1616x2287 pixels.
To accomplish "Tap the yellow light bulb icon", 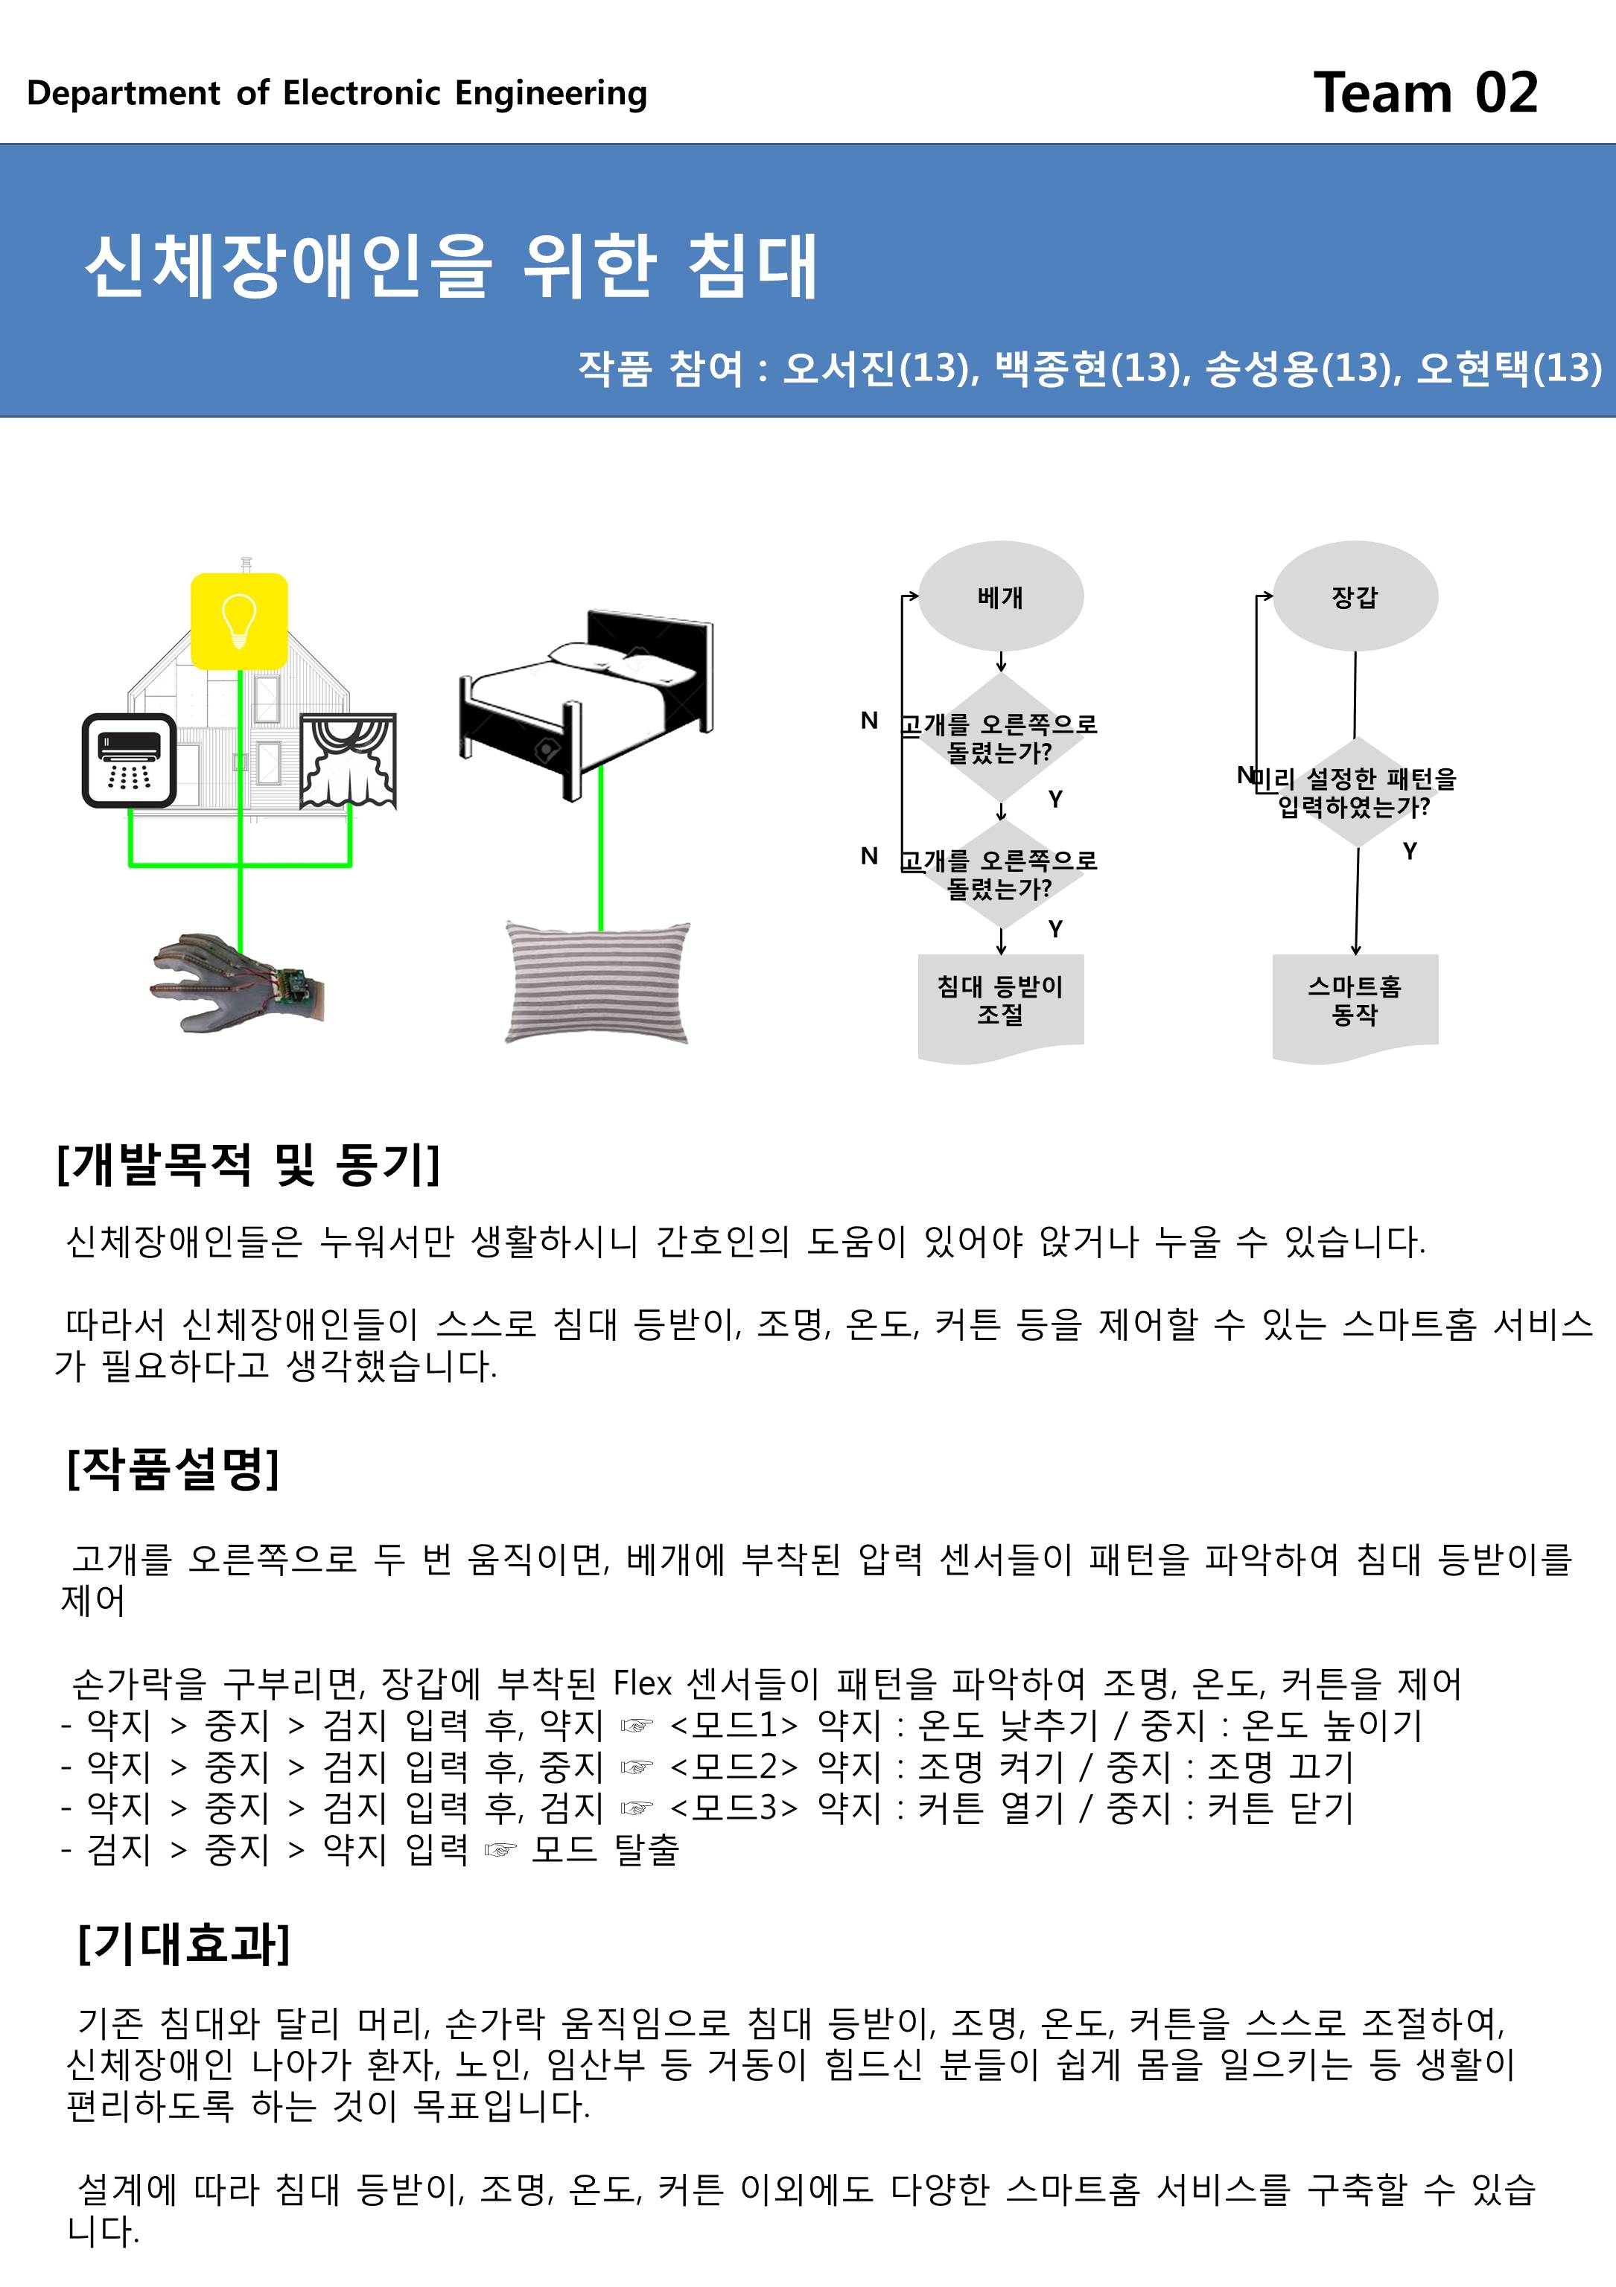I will tap(239, 621).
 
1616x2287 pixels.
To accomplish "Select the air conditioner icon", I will tap(130, 760).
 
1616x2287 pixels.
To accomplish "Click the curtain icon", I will tap(348, 759).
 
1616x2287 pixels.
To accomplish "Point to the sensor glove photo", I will tap(237, 982).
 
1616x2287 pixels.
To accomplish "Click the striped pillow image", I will tap(598, 982).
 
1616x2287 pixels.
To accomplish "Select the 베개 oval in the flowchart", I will tap(1000, 596).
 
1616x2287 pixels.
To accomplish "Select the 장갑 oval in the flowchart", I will tap(1355, 596).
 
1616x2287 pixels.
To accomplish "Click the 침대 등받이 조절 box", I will tap(1000, 1001).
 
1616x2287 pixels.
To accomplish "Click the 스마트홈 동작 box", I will tap(1355, 1001).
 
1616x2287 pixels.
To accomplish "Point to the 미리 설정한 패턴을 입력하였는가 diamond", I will tap(1355, 793).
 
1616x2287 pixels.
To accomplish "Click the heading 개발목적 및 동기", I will tap(248, 1164).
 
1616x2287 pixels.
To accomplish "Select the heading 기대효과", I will tap(185, 1942).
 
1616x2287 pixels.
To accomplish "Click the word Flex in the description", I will tap(643, 1683).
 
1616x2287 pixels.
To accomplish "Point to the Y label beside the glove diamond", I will tap(1409, 851).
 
